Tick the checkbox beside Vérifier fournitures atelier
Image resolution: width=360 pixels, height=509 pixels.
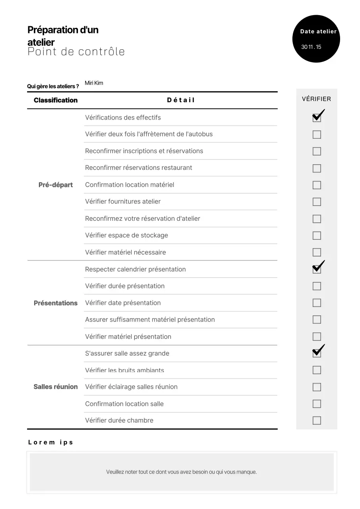coord(317,202)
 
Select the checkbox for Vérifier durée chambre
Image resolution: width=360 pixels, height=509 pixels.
coord(317,420)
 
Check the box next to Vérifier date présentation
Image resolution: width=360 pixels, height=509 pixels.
coord(317,303)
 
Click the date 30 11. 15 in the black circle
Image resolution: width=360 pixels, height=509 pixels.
coord(311,47)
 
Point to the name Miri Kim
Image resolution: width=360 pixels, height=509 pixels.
coord(94,83)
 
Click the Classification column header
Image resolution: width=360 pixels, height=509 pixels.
coord(56,100)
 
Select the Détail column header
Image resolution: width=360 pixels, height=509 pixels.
coord(181,100)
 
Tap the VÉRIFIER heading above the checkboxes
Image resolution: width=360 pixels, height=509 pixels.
coord(316,99)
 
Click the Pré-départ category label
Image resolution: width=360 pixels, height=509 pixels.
coord(56,185)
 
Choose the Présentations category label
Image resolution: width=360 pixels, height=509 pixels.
coord(56,303)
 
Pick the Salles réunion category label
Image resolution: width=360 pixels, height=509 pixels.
coord(56,387)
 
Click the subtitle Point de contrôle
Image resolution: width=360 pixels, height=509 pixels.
coord(76,52)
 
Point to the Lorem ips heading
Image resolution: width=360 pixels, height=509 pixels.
coord(51,442)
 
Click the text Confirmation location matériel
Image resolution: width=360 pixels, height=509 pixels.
coord(130,185)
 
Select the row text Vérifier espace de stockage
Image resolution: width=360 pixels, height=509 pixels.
coord(126,235)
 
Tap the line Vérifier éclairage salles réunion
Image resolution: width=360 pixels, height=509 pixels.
coord(131,387)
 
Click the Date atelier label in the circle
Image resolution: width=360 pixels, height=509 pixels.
coord(318,31)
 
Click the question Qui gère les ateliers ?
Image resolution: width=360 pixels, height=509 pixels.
coord(53,86)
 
